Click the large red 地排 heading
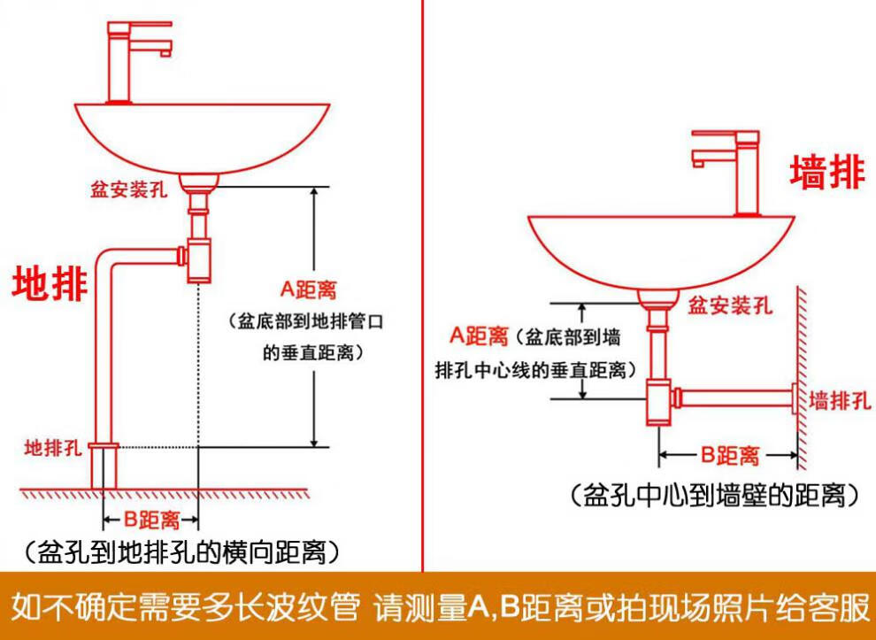coord(50,284)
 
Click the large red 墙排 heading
coord(826,172)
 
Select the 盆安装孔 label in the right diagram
coord(731,306)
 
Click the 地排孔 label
coord(52,445)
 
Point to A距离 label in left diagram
coord(309,289)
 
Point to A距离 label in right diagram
coord(480,335)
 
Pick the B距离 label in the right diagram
coord(730,456)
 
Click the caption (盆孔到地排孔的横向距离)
coord(181,552)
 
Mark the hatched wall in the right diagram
coord(801,372)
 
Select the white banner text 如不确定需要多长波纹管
coord(186,607)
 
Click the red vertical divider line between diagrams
coord(422,283)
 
